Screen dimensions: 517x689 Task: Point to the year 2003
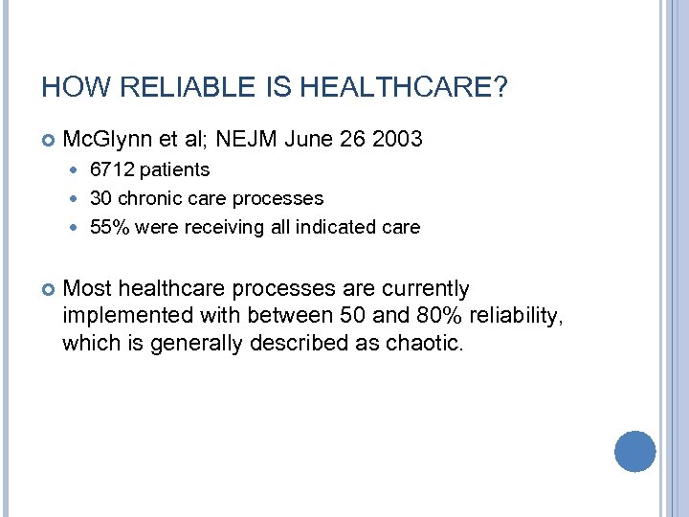click(395, 140)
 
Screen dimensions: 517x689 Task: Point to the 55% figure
click(108, 228)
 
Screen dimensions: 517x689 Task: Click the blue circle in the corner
click(634, 451)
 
